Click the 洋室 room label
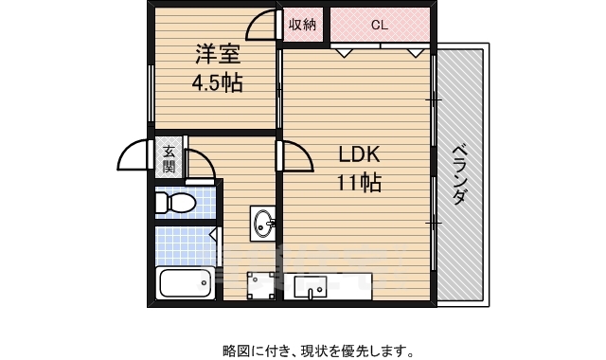tap(218, 55)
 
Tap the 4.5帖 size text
tap(217, 83)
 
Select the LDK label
tap(358, 154)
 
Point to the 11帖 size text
tap(358, 184)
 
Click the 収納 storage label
tap(303, 26)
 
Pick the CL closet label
tap(379, 26)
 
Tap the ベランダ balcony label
tap(459, 175)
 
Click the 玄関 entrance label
tap(169, 158)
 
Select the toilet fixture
tap(176, 203)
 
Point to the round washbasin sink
tap(263, 225)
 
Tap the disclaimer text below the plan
tap(318, 351)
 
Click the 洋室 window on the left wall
tap(151, 95)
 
